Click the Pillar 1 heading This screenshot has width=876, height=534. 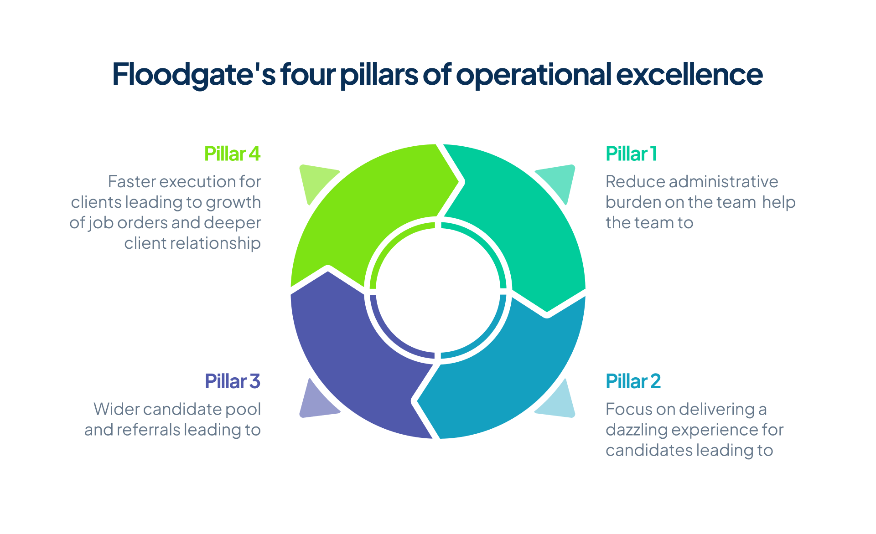[x=631, y=154]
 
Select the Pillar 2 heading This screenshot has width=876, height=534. [x=633, y=381]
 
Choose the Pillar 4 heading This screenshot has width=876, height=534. [x=233, y=154]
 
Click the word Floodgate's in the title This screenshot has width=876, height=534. [x=194, y=74]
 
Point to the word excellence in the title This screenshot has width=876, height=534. [x=689, y=74]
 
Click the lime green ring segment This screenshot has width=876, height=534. [x=365, y=214]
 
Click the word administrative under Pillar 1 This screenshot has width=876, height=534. [x=726, y=182]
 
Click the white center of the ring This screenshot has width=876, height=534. [x=438, y=292]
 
